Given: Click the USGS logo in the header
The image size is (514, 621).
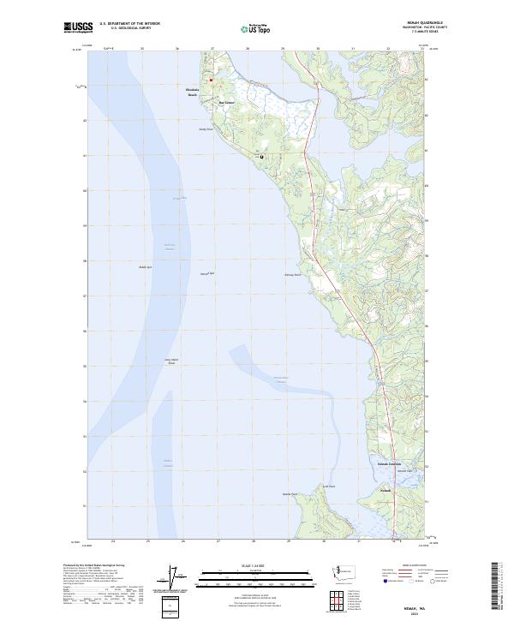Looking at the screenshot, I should pos(78,28).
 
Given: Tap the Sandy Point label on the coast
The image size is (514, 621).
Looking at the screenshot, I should pos(206,130).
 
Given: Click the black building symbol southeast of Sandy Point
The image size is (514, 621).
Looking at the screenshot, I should pos(262,157).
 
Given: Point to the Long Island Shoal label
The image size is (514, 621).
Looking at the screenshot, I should pos(171,361).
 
